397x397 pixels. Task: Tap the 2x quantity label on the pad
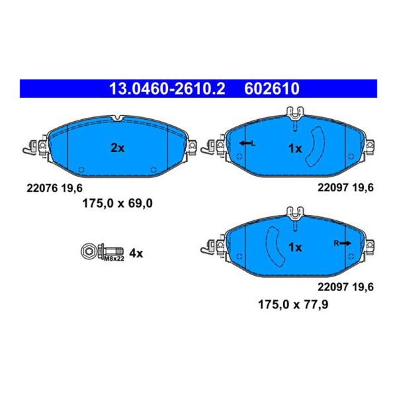tap(117, 148)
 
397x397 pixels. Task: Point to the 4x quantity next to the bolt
tap(136, 253)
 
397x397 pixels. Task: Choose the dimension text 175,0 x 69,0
tap(116, 204)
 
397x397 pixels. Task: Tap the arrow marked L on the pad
tap(247, 144)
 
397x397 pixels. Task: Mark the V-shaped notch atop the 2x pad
tap(117, 119)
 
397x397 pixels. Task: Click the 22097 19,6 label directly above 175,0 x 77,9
tap(345, 287)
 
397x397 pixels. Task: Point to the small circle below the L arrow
tap(239, 156)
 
